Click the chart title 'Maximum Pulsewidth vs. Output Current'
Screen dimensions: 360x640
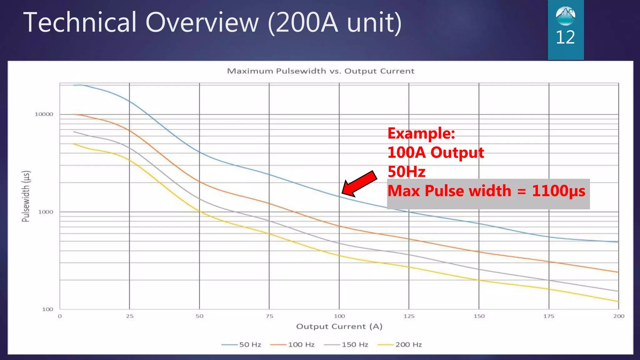coord(321,71)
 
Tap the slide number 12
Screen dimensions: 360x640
coord(565,37)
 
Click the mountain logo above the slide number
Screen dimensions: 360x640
coord(565,16)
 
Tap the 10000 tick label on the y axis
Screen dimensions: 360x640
coord(44,114)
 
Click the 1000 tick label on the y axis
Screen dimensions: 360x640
coord(46,212)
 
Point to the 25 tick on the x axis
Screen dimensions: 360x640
coord(130,316)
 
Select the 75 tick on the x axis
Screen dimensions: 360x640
coord(269,316)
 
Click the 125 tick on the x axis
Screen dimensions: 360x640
coord(409,316)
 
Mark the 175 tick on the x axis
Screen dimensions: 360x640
coord(549,316)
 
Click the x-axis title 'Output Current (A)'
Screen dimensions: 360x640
coord(339,327)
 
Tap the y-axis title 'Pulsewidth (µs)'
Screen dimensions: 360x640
coord(26,196)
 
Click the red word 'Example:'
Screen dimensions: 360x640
coord(421,133)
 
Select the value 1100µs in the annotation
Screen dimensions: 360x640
coord(558,191)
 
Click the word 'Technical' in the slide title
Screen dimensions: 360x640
coord(80,22)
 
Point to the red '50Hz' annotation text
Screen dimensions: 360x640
coord(407,172)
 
